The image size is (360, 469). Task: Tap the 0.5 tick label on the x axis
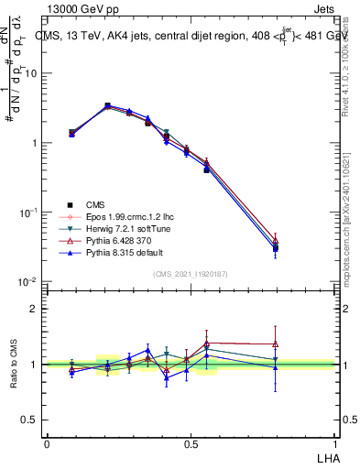point(191,442)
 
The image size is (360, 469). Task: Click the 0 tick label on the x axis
point(47,442)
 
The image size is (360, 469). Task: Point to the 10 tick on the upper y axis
point(32,73)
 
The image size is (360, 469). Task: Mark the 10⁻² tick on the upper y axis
point(30,281)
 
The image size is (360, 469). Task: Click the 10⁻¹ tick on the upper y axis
point(30,213)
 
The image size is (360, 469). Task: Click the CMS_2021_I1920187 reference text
point(191,273)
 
